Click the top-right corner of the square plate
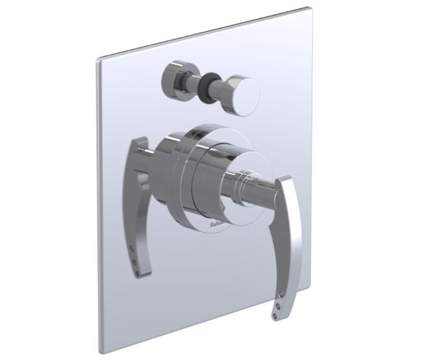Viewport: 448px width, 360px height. point(306,9)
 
